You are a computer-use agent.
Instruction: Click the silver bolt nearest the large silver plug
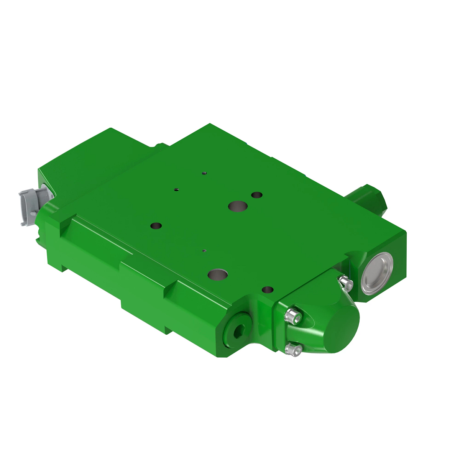tap(347, 283)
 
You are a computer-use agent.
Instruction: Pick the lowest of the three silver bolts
tap(293, 350)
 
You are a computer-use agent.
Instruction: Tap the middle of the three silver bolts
tap(293, 317)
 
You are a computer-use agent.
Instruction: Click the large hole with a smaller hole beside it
tap(237, 207)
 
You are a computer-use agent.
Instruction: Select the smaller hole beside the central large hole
tap(257, 195)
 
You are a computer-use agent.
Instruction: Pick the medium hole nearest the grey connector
tap(156, 226)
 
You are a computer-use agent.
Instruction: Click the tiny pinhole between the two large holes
tap(204, 251)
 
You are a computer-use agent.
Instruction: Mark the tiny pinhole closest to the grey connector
tap(176, 189)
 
